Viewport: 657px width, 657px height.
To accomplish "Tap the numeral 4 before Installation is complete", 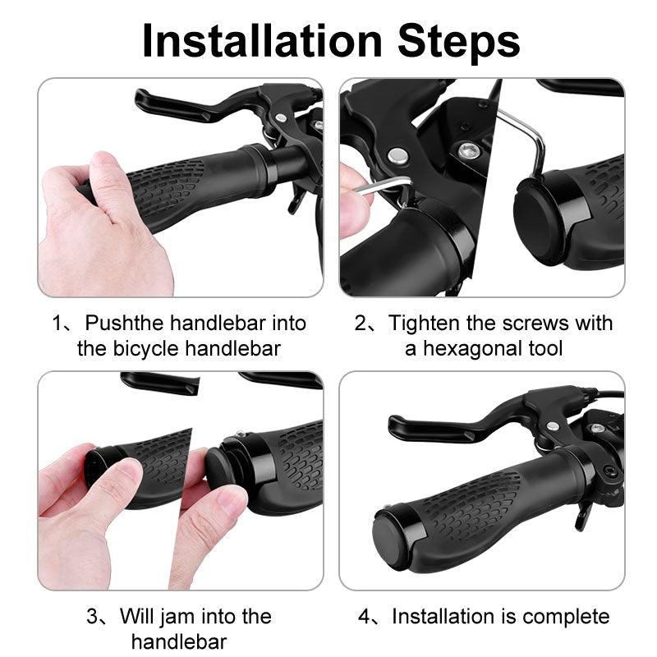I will [364, 616].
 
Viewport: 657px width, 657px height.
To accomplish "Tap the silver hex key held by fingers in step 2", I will [374, 187].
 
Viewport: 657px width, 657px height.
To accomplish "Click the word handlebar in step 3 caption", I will [179, 641].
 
